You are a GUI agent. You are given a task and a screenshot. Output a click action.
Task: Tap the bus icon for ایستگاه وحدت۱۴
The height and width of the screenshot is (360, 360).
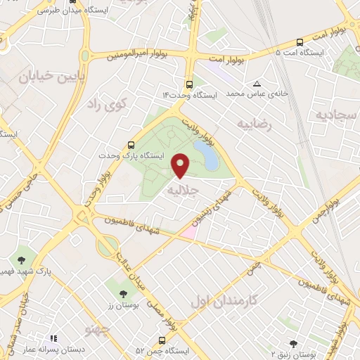pyautogui.click(x=188, y=82)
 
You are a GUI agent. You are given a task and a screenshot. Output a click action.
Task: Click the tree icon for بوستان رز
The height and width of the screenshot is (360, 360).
pyautogui.click(x=124, y=293)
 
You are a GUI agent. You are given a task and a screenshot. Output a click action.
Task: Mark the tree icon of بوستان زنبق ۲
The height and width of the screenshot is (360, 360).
pyautogui.click(x=293, y=343)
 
